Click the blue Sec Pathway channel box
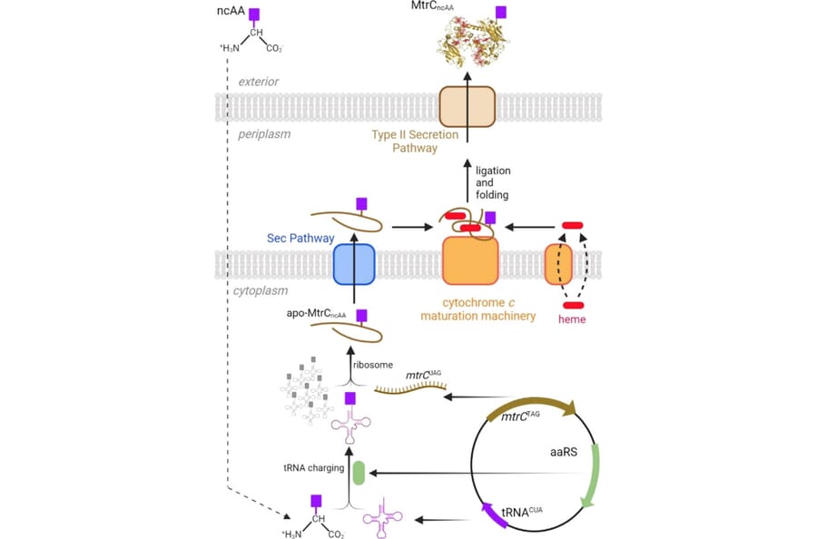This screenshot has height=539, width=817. click(x=354, y=265)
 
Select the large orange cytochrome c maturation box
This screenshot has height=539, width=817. click(x=470, y=260)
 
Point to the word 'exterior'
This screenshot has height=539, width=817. click(x=259, y=82)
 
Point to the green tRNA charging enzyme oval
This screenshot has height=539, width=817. click(x=359, y=473)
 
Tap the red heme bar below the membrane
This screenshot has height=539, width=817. click(x=573, y=304)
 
